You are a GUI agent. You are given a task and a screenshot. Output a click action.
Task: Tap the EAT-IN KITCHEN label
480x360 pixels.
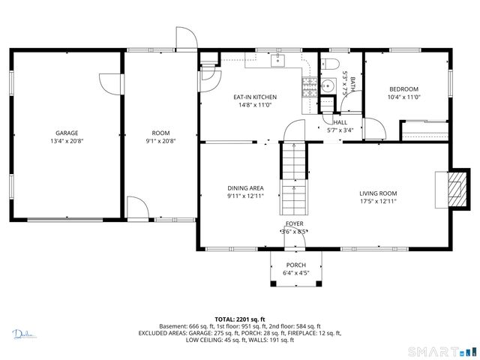tap(255, 97)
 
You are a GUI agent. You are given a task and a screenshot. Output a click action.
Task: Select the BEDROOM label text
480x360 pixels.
tap(403, 88)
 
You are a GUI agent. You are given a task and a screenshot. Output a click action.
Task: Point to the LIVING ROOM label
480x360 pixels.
tap(377, 193)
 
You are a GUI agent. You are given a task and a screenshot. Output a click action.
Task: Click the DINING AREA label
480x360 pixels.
tap(245, 188)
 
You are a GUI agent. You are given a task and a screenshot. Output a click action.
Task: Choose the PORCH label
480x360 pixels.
tap(295, 265)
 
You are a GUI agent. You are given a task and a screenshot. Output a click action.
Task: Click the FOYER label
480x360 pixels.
tap(294, 224)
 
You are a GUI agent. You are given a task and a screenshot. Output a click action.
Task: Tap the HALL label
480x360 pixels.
tap(340, 122)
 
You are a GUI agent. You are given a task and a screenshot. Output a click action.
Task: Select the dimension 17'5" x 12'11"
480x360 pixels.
tap(377, 201)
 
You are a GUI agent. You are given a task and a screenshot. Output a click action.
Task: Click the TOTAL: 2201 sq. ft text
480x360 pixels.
tap(240, 319)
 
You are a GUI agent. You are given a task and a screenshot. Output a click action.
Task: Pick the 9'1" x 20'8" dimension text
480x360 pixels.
tap(160, 141)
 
